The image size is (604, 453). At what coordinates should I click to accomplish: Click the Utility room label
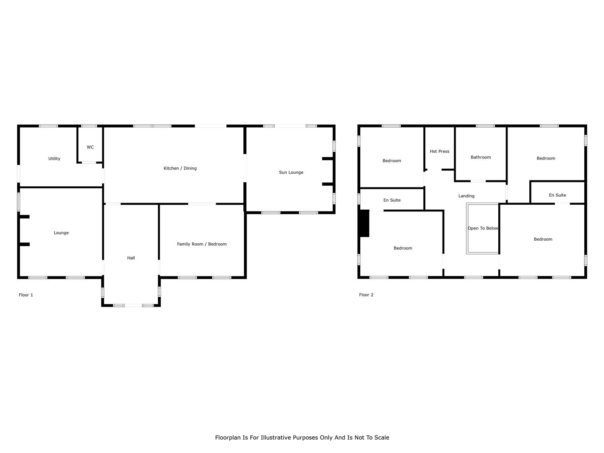tap(54, 159)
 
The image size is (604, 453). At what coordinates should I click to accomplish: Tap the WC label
tap(90, 147)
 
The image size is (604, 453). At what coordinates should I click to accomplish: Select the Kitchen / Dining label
tap(180, 168)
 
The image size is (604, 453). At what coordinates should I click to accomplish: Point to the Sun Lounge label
tap(291, 172)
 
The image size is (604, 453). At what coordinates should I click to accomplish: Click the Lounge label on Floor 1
tap(61, 233)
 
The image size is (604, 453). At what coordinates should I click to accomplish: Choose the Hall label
tap(131, 258)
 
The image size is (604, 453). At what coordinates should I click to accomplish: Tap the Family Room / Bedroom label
tap(202, 244)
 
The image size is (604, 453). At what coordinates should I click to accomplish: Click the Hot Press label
tap(440, 151)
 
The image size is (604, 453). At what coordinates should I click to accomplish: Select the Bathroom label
tap(481, 157)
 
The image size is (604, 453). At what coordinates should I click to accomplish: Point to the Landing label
tap(466, 196)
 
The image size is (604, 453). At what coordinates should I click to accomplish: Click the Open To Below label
tap(483, 228)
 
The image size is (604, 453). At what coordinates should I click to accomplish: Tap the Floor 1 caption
tap(26, 295)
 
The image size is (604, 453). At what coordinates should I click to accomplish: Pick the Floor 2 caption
tap(366, 295)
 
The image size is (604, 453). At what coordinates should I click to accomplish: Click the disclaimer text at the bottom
tap(302, 437)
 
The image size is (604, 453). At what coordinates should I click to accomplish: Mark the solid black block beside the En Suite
tap(364, 223)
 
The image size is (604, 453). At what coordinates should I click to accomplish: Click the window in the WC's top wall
tap(89, 126)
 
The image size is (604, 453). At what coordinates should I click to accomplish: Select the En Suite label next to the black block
tap(392, 200)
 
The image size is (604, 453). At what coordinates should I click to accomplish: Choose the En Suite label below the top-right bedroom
tap(557, 195)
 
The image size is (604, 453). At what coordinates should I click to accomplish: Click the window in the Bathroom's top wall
tap(485, 126)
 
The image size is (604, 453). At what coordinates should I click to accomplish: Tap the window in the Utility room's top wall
tap(48, 126)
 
